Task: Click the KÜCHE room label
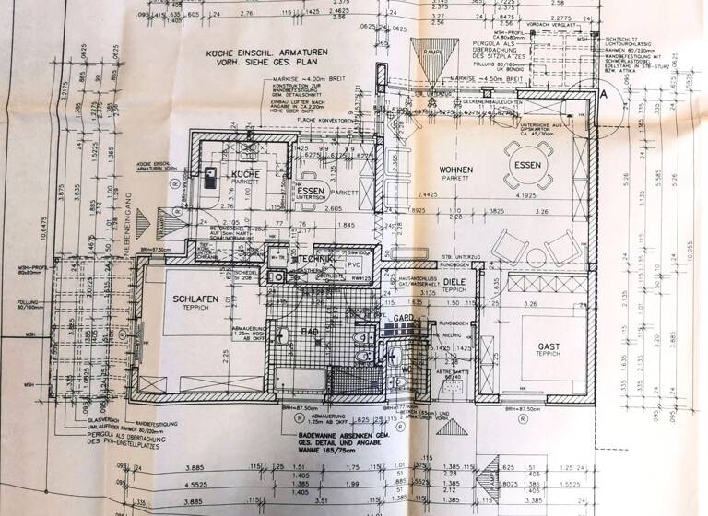[245, 173]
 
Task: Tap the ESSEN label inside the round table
[529, 165]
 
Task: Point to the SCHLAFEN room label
[194, 299]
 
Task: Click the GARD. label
[402, 318]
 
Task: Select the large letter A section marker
[605, 94]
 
